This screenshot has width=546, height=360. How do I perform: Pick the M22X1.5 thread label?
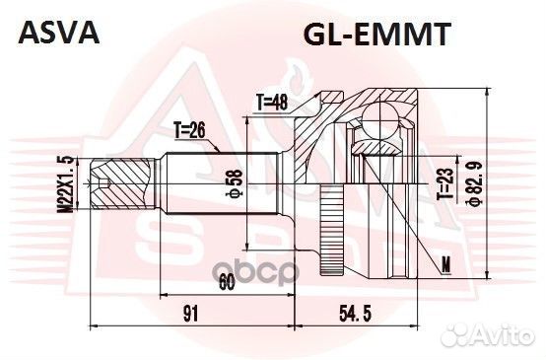pos(65,182)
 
